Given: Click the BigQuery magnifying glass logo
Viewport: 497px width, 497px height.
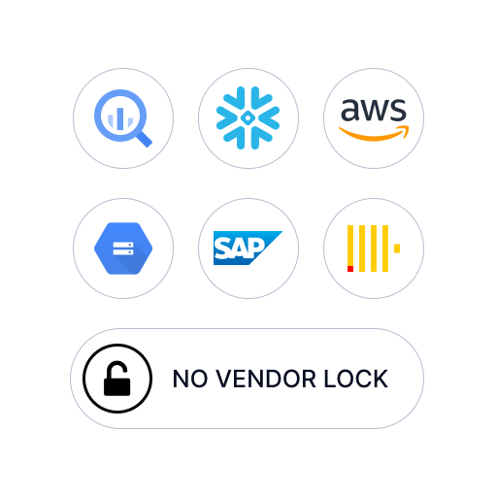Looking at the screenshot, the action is coord(123,118).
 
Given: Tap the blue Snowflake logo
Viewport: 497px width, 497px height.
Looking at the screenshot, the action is coord(248,118).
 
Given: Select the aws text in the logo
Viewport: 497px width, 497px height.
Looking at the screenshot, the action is coord(374,110).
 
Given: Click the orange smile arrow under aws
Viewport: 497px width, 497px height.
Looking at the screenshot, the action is coord(374,133).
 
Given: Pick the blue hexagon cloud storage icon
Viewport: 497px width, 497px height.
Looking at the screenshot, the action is coord(123,248).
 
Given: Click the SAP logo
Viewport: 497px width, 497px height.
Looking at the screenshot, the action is coord(248,248).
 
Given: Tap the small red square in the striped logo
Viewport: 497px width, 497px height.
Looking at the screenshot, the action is coord(350,269).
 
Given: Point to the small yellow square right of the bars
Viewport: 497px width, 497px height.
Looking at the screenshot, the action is coord(397,248).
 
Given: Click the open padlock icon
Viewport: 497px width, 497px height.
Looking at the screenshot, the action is coord(117,379).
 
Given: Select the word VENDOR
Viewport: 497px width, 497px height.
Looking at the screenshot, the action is coord(266,379).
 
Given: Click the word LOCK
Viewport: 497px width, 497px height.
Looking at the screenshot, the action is coord(356,379).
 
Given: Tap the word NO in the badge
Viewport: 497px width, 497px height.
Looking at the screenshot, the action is coord(190,379).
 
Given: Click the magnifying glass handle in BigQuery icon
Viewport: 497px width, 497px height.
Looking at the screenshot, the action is coord(144,139).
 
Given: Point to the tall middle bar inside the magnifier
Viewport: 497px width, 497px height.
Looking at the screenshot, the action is coord(120,118).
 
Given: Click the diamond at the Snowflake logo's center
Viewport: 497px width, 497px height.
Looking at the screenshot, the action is coord(248,118).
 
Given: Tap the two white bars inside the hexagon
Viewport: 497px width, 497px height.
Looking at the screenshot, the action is coord(123,248).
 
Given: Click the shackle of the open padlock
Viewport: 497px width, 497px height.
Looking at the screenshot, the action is coord(116,370).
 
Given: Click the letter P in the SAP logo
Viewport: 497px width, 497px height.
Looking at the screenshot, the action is coord(257,248).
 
